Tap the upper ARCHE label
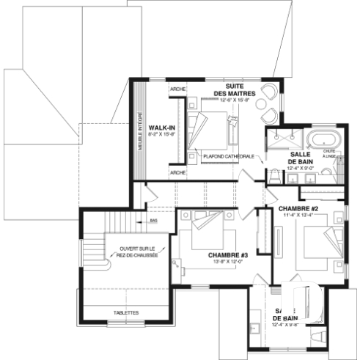coord(177,89)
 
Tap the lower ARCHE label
coord(177,172)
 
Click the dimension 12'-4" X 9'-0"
coord(301,168)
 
